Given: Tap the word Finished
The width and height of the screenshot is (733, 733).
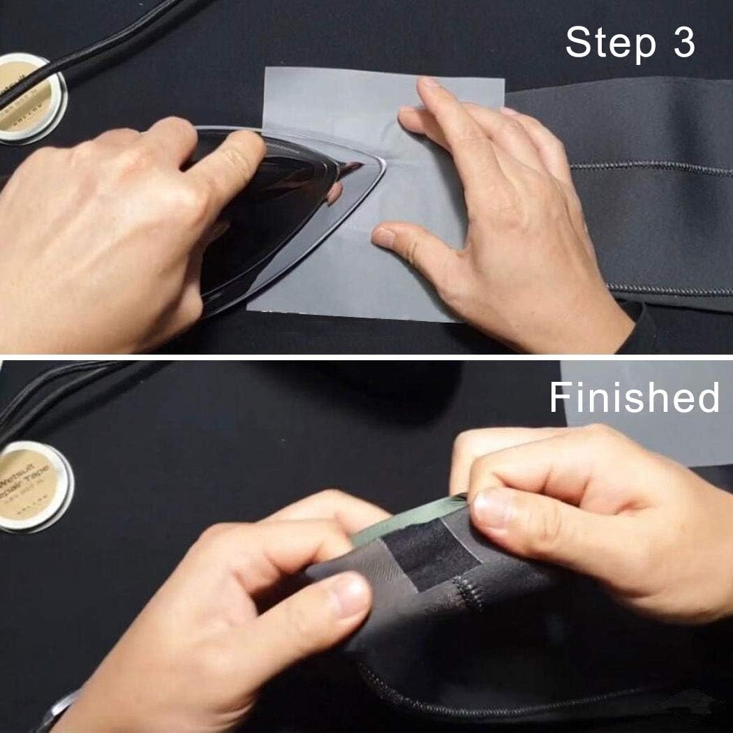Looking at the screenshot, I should coord(634,398).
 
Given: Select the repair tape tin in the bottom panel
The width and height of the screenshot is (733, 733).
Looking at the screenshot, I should coord(31,486).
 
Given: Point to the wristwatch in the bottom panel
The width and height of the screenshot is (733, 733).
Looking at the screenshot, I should coord(59,712).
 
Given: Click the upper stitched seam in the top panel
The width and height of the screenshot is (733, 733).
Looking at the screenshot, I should coord(649,168).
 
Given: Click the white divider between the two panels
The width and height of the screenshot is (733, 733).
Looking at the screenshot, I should coord(366,356).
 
